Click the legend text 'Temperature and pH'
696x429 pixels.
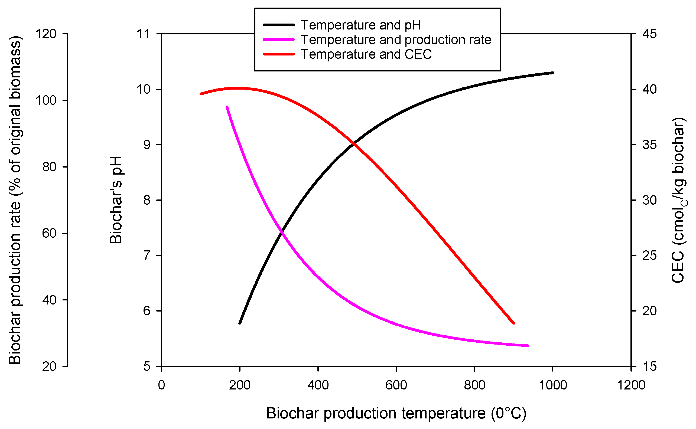360,25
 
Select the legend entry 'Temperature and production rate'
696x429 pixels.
396,40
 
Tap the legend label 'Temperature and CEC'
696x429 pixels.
366,54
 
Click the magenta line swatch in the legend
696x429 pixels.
278,40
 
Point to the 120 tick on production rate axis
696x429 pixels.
46,34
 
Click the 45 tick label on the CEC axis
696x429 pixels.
649,34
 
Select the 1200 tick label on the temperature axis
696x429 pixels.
631,385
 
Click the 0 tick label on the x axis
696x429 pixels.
161,385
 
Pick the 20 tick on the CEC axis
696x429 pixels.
649,311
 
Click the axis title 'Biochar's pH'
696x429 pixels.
116,200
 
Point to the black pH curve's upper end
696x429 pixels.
553,73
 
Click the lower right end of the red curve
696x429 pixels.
514,323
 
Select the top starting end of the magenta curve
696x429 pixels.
226,107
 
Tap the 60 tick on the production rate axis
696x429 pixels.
49,233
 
